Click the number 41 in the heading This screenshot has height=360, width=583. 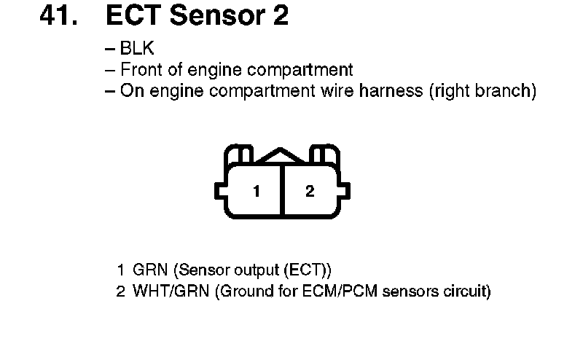click(x=58, y=15)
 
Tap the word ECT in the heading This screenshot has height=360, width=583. click(x=132, y=15)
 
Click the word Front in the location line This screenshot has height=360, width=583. click(x=140, y=71)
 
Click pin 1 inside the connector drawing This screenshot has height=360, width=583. click(x=257, y=192)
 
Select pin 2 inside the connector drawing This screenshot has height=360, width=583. click(x=310, y=192)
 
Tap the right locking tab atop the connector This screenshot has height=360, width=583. click(x=323, y=155)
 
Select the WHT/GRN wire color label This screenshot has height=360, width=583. click(x=165, y=292)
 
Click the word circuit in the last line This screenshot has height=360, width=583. click(x=463, y=292)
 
